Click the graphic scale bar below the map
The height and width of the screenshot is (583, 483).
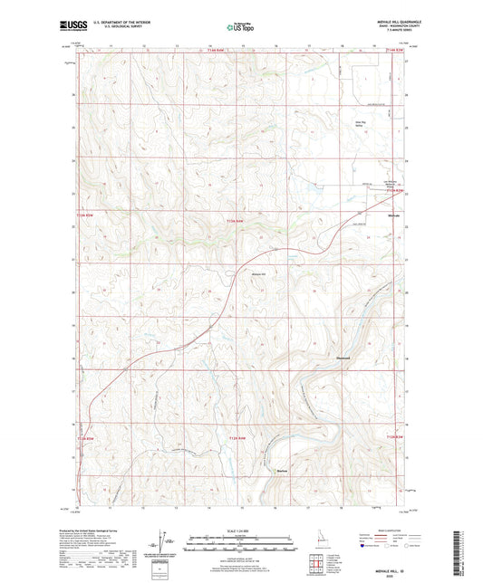click(240, 546)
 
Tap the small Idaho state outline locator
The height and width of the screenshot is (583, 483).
click(314, 540)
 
